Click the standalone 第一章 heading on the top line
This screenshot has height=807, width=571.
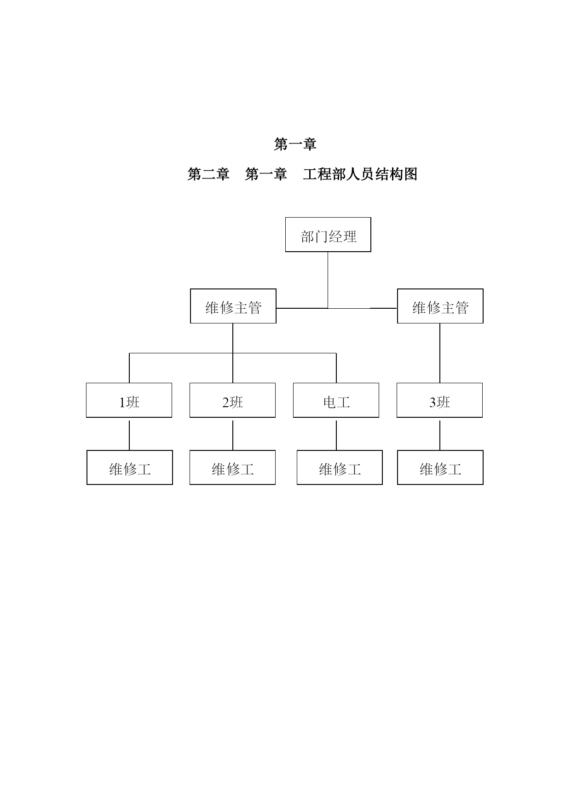(295, 144)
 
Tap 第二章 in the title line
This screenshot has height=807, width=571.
(208, 174)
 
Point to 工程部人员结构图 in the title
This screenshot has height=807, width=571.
(360, 174)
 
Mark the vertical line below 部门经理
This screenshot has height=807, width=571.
(328, 280)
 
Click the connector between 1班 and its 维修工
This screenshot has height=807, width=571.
(129, 435)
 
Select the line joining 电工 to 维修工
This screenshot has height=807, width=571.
(336, 435)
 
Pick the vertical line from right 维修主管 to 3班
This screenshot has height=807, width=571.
(440, 353)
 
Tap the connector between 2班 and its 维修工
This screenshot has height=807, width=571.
(233, 435)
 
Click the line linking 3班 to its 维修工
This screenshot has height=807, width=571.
(440, 435)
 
